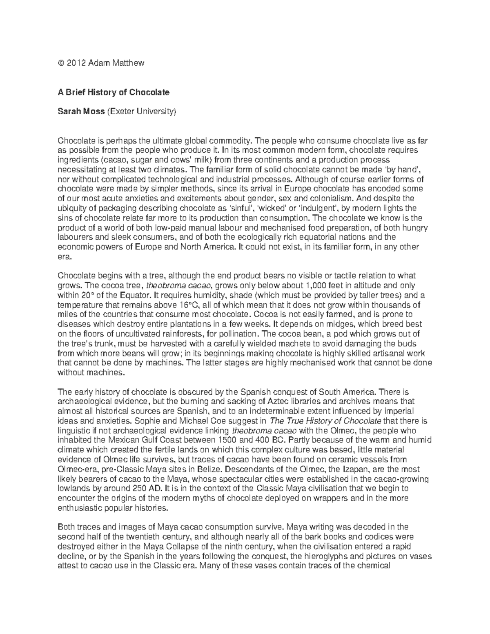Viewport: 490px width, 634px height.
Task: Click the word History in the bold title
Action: coord(99,92)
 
